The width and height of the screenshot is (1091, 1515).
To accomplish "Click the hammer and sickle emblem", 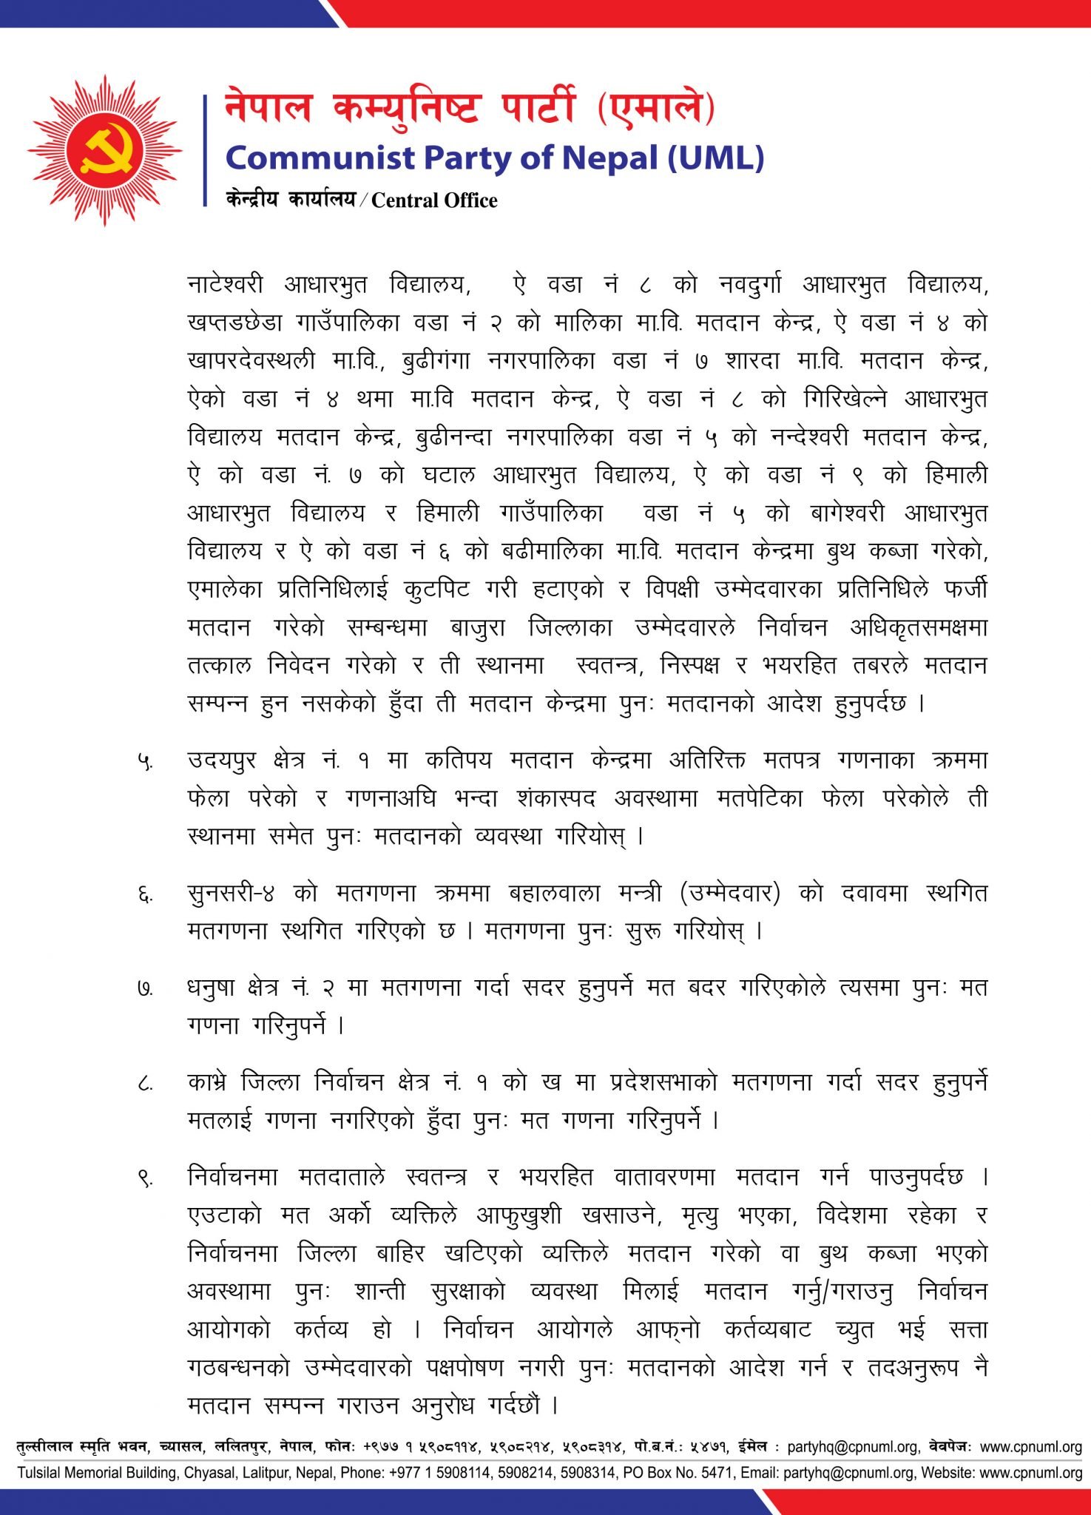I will [x=104, y=149].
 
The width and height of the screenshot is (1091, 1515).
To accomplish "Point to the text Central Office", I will [x=434, y=200].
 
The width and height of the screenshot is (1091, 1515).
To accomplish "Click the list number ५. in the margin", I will [x=145, y=762].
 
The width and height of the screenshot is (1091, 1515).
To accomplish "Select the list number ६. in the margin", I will [x=145, y=895].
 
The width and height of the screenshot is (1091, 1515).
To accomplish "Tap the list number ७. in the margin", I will [x=145, y=989].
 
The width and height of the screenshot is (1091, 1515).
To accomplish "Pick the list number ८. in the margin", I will [x=145, y=1084].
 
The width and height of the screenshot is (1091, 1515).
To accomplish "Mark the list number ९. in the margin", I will [x=145, y=1178].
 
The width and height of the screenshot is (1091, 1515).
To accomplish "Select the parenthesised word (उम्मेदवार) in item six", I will [x=730, y=893].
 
